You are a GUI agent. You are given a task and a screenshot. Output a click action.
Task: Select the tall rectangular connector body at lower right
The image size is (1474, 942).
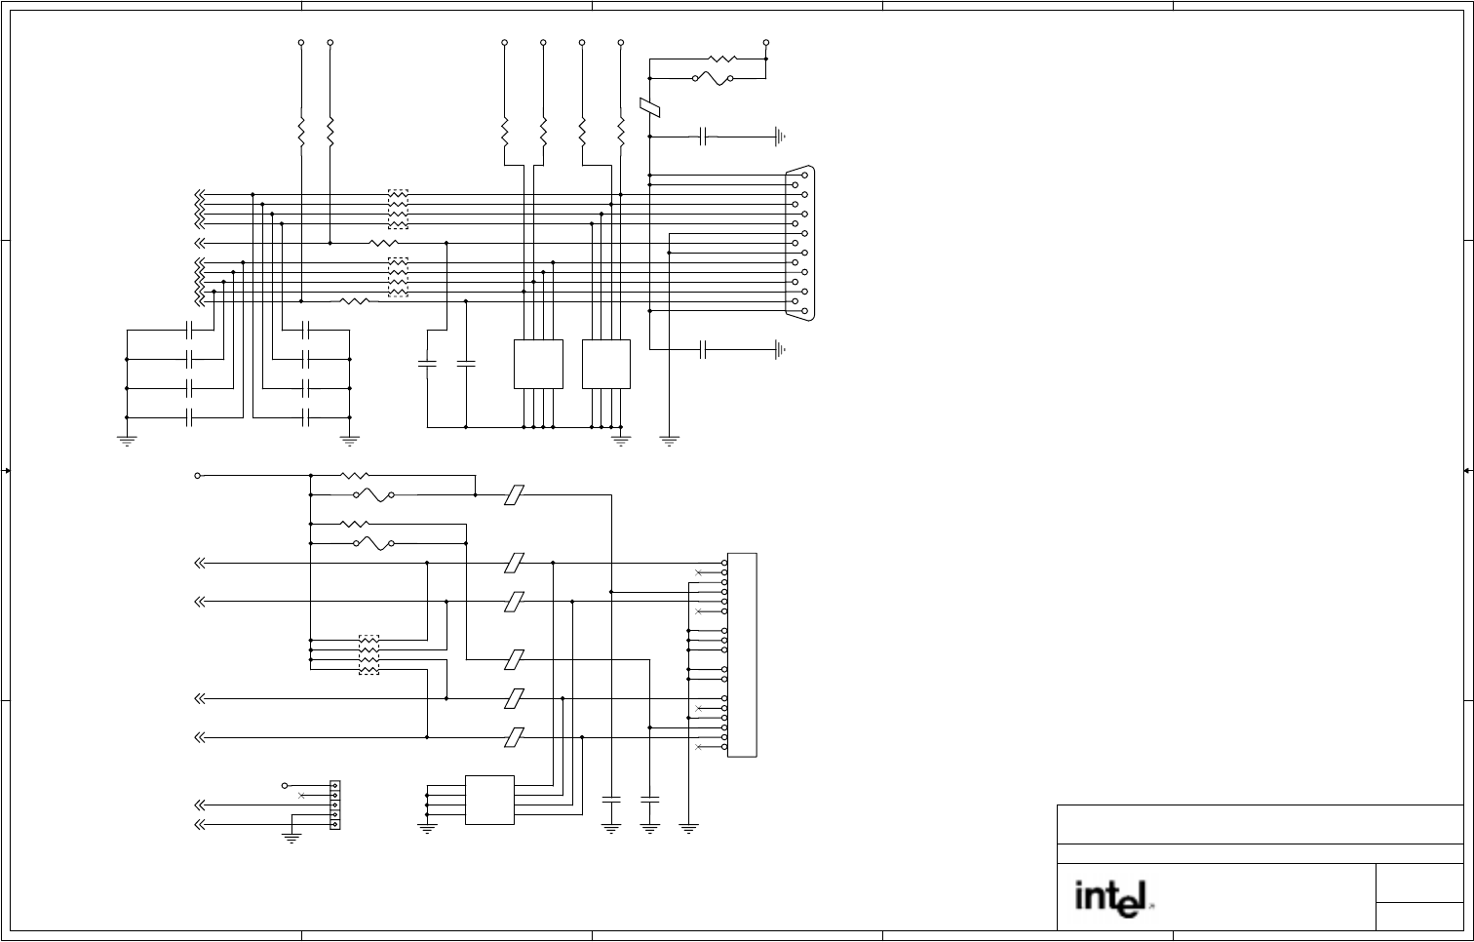(742, 654)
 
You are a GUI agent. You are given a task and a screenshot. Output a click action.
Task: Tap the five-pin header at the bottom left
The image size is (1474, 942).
(335, 805)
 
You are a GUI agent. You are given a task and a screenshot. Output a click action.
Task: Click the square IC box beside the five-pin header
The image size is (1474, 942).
(489, 800)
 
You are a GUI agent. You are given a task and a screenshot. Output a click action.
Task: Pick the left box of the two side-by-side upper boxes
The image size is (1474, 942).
(538, 364)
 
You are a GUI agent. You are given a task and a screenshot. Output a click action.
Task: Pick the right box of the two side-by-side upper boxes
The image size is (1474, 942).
(606, 364)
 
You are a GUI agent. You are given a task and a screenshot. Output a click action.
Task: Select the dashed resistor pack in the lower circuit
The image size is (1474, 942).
(369, 654)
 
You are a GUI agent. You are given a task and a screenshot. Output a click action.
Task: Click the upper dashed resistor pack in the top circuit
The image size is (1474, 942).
(398, 209)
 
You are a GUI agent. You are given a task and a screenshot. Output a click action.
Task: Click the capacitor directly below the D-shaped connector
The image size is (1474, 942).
(704, 350)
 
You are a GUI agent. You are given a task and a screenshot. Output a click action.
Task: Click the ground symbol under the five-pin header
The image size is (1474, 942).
(291, 835)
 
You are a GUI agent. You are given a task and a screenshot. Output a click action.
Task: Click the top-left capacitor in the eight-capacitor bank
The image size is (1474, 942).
(191, 331)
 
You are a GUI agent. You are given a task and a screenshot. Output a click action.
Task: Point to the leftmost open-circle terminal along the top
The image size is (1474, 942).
(301, 43)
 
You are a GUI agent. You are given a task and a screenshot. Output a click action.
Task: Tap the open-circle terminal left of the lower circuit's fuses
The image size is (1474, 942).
(198, 476)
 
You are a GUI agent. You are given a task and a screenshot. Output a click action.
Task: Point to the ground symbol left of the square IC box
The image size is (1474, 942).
(427, 829)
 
